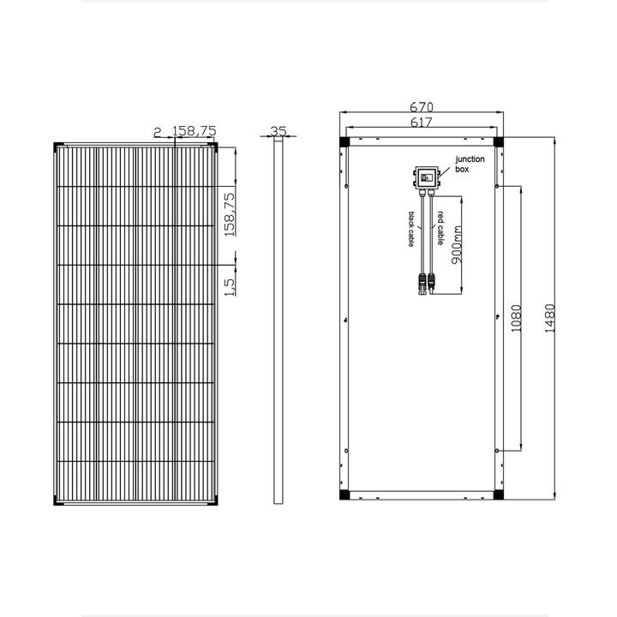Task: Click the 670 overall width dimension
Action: (x=422, y=107)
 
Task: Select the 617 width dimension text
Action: (x=422, y=124)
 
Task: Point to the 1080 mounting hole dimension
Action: (x=516, y=318)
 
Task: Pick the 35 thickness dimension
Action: (x=277, y=131)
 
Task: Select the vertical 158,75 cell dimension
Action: (x=230, y=214)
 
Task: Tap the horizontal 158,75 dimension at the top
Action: (x=195, y=131)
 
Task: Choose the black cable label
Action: (x=412, y=230)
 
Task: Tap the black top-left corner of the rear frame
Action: (x=344, y=141)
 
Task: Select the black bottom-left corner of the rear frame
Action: (x=344, y=495)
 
